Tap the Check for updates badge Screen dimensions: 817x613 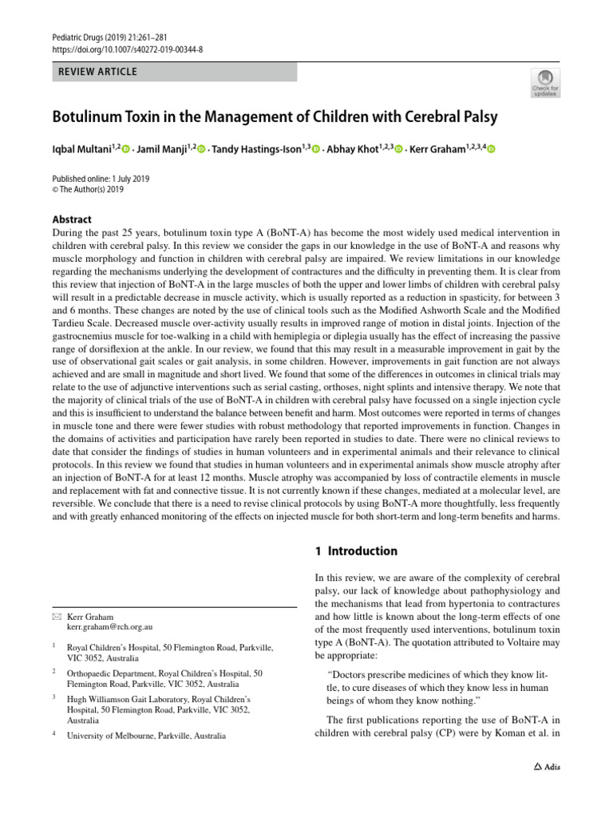tap(545, 82)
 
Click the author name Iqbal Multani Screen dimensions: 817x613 tap(81, 148)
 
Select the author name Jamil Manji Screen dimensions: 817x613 tap(164, 148)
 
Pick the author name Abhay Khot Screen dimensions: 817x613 tap(352, 148)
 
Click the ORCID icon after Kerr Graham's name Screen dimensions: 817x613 tap(490, 149)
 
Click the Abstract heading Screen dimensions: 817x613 tap(72, 219)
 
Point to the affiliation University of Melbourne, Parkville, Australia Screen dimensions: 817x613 tap(146, 736)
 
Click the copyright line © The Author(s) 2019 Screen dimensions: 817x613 tap(89, 190)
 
